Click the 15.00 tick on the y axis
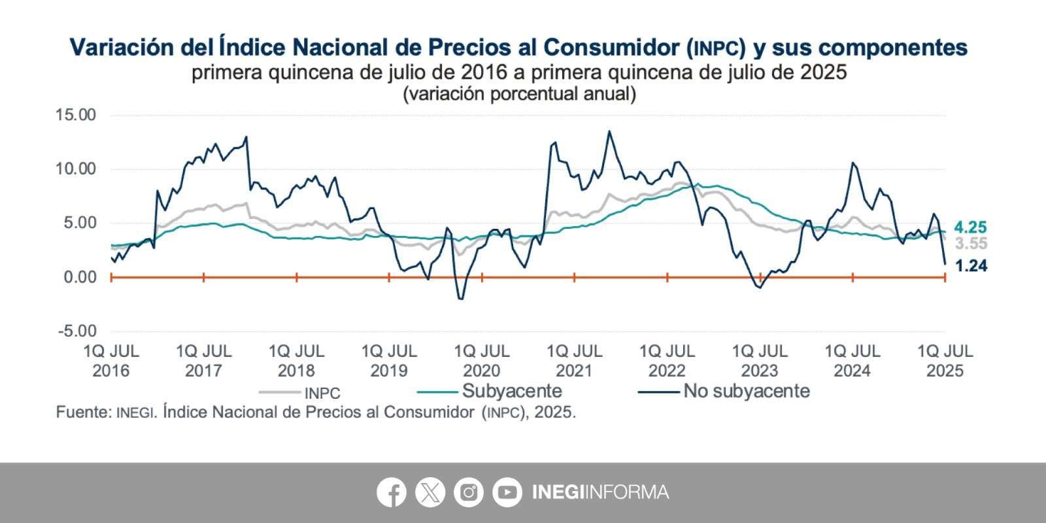[x=76, y=115]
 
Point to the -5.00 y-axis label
[x=77, y=331]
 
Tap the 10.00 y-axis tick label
[x=76, y=169]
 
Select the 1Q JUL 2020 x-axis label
[x=482, y=361]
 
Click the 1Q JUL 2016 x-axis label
[x=111, y=361]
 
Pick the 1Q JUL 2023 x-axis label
[x=760, y=361]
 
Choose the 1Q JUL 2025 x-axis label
[x=945, y=361]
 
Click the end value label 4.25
[x=970, y=228]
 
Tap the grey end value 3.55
[x=971, y=244]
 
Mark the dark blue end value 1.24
[x=971, y=265]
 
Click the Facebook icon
[x=391, y=492]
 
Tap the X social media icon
[x=430, y=492]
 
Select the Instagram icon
[x=469, y=492]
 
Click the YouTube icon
[x=507, y=492]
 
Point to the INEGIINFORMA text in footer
[x=600, y=492]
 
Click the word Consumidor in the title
[x=611, y=47]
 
